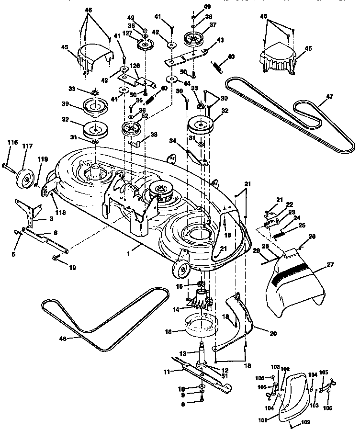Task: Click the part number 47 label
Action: (329, 96)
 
